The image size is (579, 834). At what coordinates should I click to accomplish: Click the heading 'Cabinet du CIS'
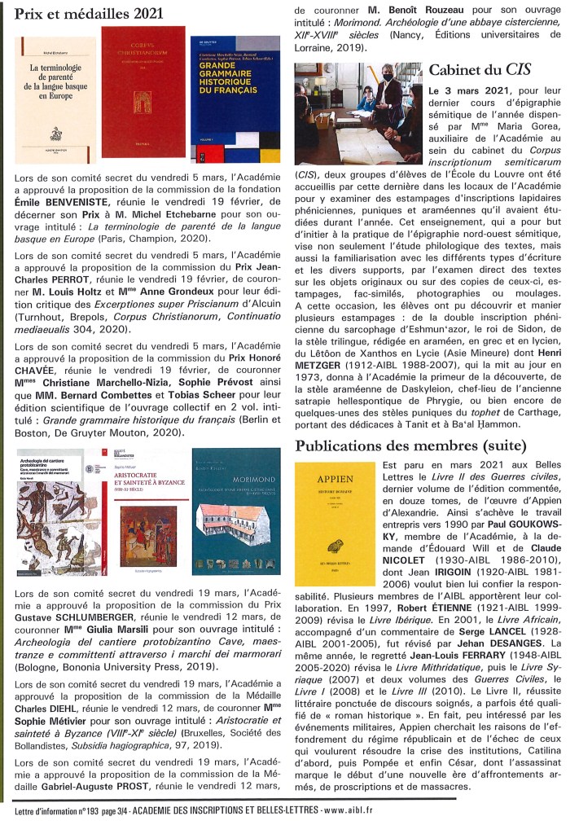pyautogui.click(x=473, y=70)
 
